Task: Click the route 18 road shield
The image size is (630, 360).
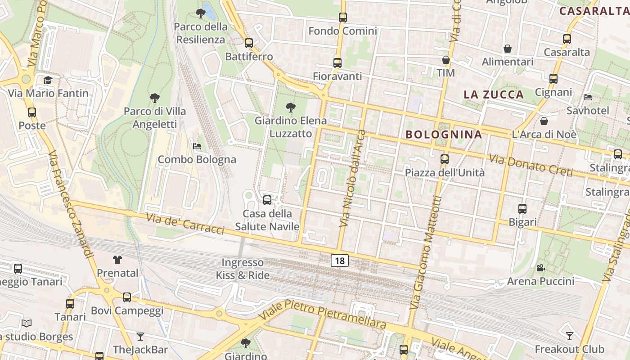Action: point(340,260)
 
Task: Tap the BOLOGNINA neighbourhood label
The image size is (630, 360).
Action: point(444,134)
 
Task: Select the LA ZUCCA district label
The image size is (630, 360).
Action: point(494,94)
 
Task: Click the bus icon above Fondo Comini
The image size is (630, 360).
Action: point(343,18)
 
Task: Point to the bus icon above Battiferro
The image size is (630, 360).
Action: point(249,43)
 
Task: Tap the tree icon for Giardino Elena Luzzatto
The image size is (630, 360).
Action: point(291,108)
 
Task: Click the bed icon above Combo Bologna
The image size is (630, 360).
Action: point(197,146)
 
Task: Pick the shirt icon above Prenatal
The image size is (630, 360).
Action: point(117,259)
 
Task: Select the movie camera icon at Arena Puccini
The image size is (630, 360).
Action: point(540,268)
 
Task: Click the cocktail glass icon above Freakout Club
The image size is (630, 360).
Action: point(569,336)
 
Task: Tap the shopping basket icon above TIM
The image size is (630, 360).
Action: point(446,60)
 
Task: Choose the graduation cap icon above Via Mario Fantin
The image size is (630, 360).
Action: point(48,80)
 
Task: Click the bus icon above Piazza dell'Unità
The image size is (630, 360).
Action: point(445,159)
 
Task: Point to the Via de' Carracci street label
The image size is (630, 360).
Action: point(185,223)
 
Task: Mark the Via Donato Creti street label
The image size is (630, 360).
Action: point(531,165)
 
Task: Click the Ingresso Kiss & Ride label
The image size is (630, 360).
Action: point(243,269)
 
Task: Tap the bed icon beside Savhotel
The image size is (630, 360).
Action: point(588,97)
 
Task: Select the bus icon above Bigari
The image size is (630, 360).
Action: point(522,209)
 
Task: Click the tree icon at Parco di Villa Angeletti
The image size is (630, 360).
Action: point(155,98)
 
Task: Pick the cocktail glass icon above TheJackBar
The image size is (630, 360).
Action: point(140,336)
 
